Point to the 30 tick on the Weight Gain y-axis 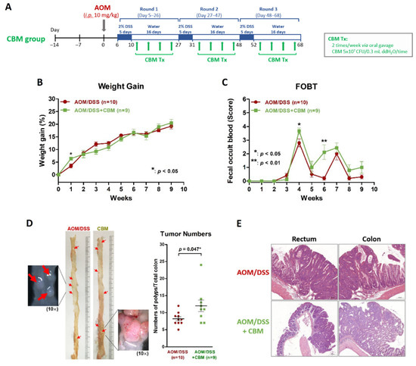(51, 99)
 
